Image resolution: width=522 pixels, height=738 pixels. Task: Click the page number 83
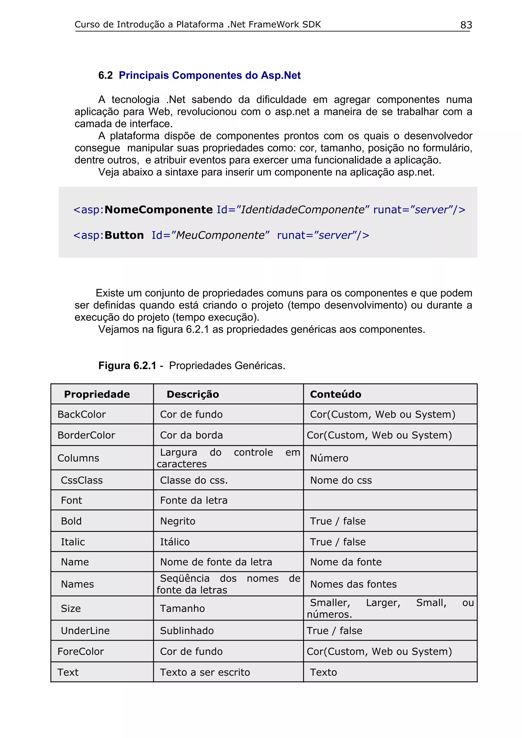[466, 25]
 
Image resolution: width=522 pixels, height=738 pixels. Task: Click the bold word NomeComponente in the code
[159, 210]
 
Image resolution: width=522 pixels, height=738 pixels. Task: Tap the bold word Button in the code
[124, 235]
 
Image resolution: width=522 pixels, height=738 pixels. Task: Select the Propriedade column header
[97, 394]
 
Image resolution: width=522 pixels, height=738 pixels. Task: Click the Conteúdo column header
[335, 394]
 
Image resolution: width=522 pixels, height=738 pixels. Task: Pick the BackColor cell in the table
[82, 414]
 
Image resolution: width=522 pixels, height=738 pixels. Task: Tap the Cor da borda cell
[191, 435]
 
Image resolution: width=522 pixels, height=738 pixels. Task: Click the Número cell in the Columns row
[329, 458]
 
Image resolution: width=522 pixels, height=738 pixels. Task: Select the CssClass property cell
[82, 480]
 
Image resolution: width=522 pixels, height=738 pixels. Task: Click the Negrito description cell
[178, 521]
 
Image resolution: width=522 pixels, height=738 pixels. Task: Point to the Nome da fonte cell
[346, 562]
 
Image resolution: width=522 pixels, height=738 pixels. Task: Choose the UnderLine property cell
[85, 631]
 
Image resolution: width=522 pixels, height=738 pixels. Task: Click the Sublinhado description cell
[187, 631]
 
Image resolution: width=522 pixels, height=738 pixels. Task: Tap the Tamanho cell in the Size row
[182, 608]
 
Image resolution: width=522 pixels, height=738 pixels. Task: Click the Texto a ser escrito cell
[205, 672]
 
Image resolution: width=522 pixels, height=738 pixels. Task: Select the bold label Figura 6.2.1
[127, 366]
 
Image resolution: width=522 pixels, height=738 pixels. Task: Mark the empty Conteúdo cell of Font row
[390, 500]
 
